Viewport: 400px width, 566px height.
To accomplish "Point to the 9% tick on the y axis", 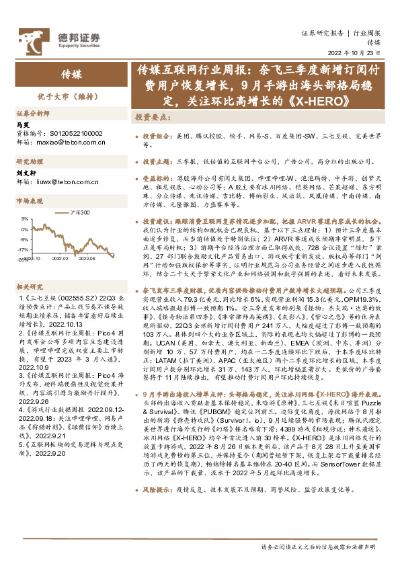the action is pos(24,218).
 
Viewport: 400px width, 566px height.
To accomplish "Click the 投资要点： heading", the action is pos(153,117).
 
